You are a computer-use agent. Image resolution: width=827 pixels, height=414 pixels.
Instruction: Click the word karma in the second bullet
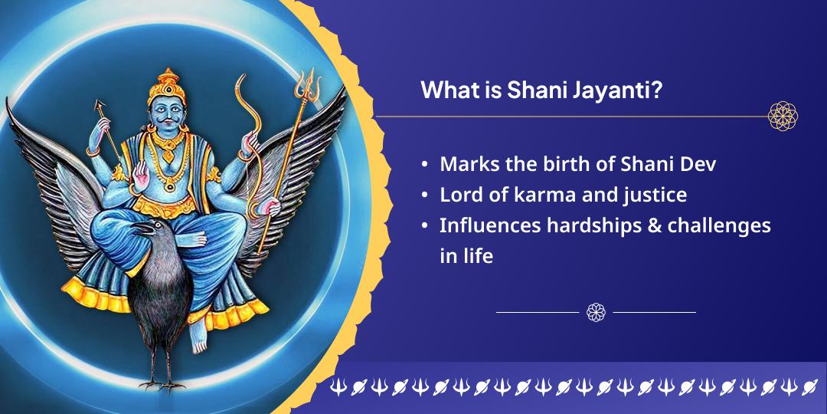point(526,195)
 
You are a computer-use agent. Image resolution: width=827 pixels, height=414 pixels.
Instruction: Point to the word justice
point(652,195)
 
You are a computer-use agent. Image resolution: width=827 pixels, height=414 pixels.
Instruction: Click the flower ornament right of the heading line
point(783,117)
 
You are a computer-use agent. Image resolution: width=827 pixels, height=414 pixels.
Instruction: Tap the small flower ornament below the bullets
point(596,312)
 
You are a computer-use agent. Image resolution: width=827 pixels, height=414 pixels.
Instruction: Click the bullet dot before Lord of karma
point(425,195)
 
